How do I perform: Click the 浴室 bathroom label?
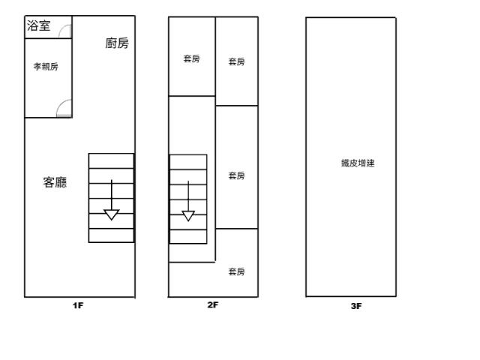point(38,25)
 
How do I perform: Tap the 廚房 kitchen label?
point(117,43)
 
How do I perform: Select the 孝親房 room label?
point(46,67)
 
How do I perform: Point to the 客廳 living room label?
point(55,182)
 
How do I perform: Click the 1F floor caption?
point(78,305)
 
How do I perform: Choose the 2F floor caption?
point(213,305)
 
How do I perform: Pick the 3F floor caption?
point(356,306)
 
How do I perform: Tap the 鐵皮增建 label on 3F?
point(358,163)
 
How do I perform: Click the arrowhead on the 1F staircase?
point(112,214)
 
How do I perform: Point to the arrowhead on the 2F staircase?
point(188,216)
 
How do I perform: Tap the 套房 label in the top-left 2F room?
point(192,58)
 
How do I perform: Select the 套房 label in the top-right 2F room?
point(237,61)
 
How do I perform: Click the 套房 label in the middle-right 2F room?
point(237,175)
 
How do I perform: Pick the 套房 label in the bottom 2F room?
point(237,271)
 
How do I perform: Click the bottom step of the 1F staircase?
point(112,235)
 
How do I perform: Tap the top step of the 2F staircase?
point(188,162)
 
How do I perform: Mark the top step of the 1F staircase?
point(112,160)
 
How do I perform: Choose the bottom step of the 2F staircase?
point(188,237)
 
